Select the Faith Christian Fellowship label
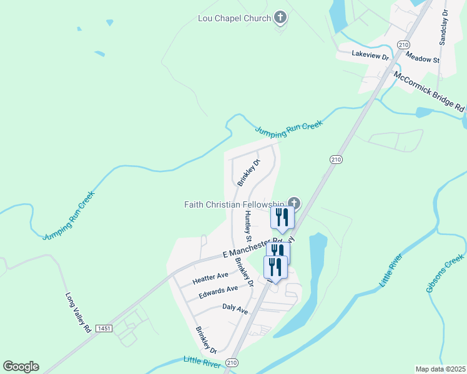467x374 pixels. pos(235,204)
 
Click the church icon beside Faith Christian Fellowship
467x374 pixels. pos(294,203)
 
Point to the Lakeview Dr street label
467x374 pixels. pos(370,55)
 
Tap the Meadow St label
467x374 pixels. pos(423,58)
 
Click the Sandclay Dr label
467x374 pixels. pos(443,26)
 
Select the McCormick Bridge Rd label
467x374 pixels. pos(429,91)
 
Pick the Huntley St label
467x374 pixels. pos(248,226)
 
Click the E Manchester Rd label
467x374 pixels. pos(250,248)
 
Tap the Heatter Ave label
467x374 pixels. pos(210,276)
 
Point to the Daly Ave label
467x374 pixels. pos(235,309)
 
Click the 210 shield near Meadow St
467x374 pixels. pos(403,45)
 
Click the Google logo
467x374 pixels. pos(21,367)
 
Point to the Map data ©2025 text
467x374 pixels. pos(440,369)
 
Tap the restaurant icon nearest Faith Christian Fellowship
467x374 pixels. pos(282,217)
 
